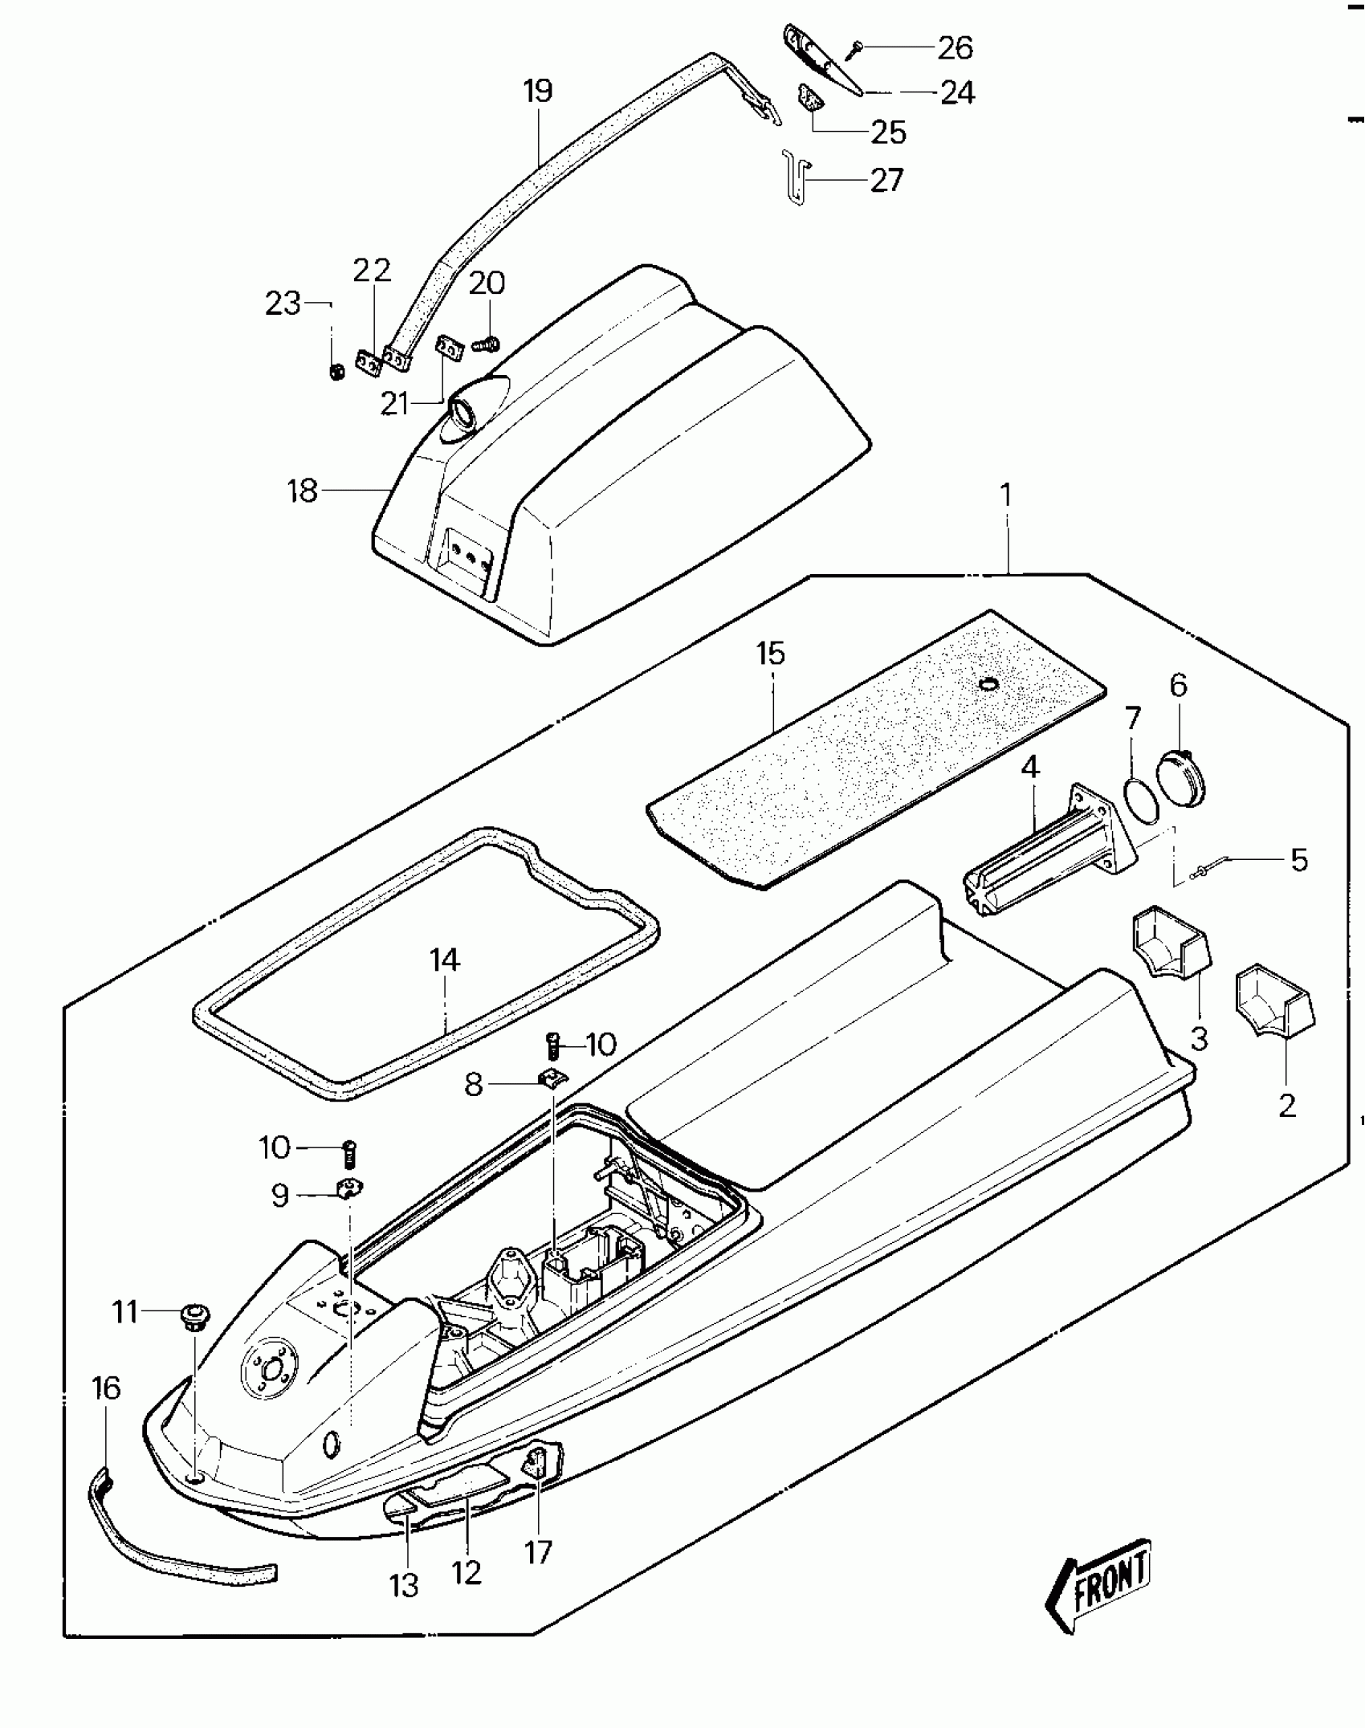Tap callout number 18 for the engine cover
point(303,491)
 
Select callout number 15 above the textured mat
point(770,653)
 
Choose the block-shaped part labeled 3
point(1171,942)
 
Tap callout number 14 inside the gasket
point(444,960)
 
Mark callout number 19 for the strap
point(538,90)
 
